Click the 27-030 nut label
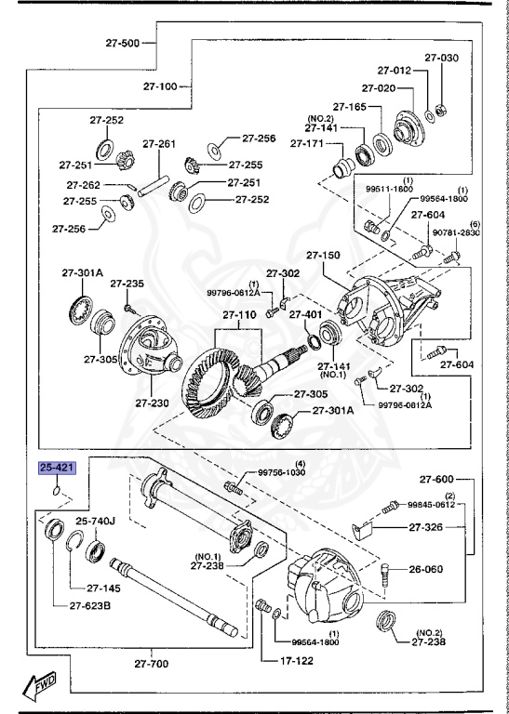(x=442, y=58)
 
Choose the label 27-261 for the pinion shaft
(x=159, y=144)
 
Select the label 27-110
(x=238, y=315)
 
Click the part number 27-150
(x=324, y=254)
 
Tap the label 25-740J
(x=95, y=522)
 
